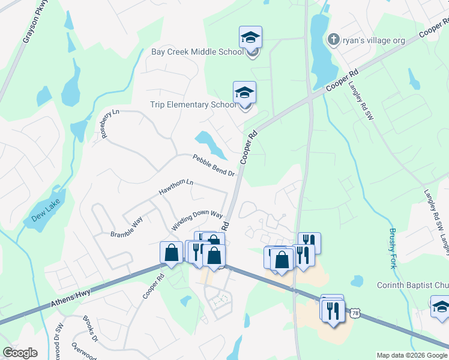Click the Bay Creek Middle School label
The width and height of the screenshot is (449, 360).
[x=196, y=52]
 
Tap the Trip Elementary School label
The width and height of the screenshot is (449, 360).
[x=192, y=104]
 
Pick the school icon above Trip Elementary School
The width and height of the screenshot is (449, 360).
[x=244, y=92]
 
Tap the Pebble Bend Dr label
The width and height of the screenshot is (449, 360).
[x=213, y=165]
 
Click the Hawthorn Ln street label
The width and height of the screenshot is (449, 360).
[x=176, y=187]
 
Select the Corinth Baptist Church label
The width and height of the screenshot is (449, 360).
[x=412, y=285]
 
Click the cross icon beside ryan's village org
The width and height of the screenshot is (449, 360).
[x=333, y=40]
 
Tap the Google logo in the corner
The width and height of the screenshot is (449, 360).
[x=20, y=353]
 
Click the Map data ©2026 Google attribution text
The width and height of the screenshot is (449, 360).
[x=411, y=355]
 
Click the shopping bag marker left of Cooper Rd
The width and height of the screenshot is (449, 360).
[x=172, y=252]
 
